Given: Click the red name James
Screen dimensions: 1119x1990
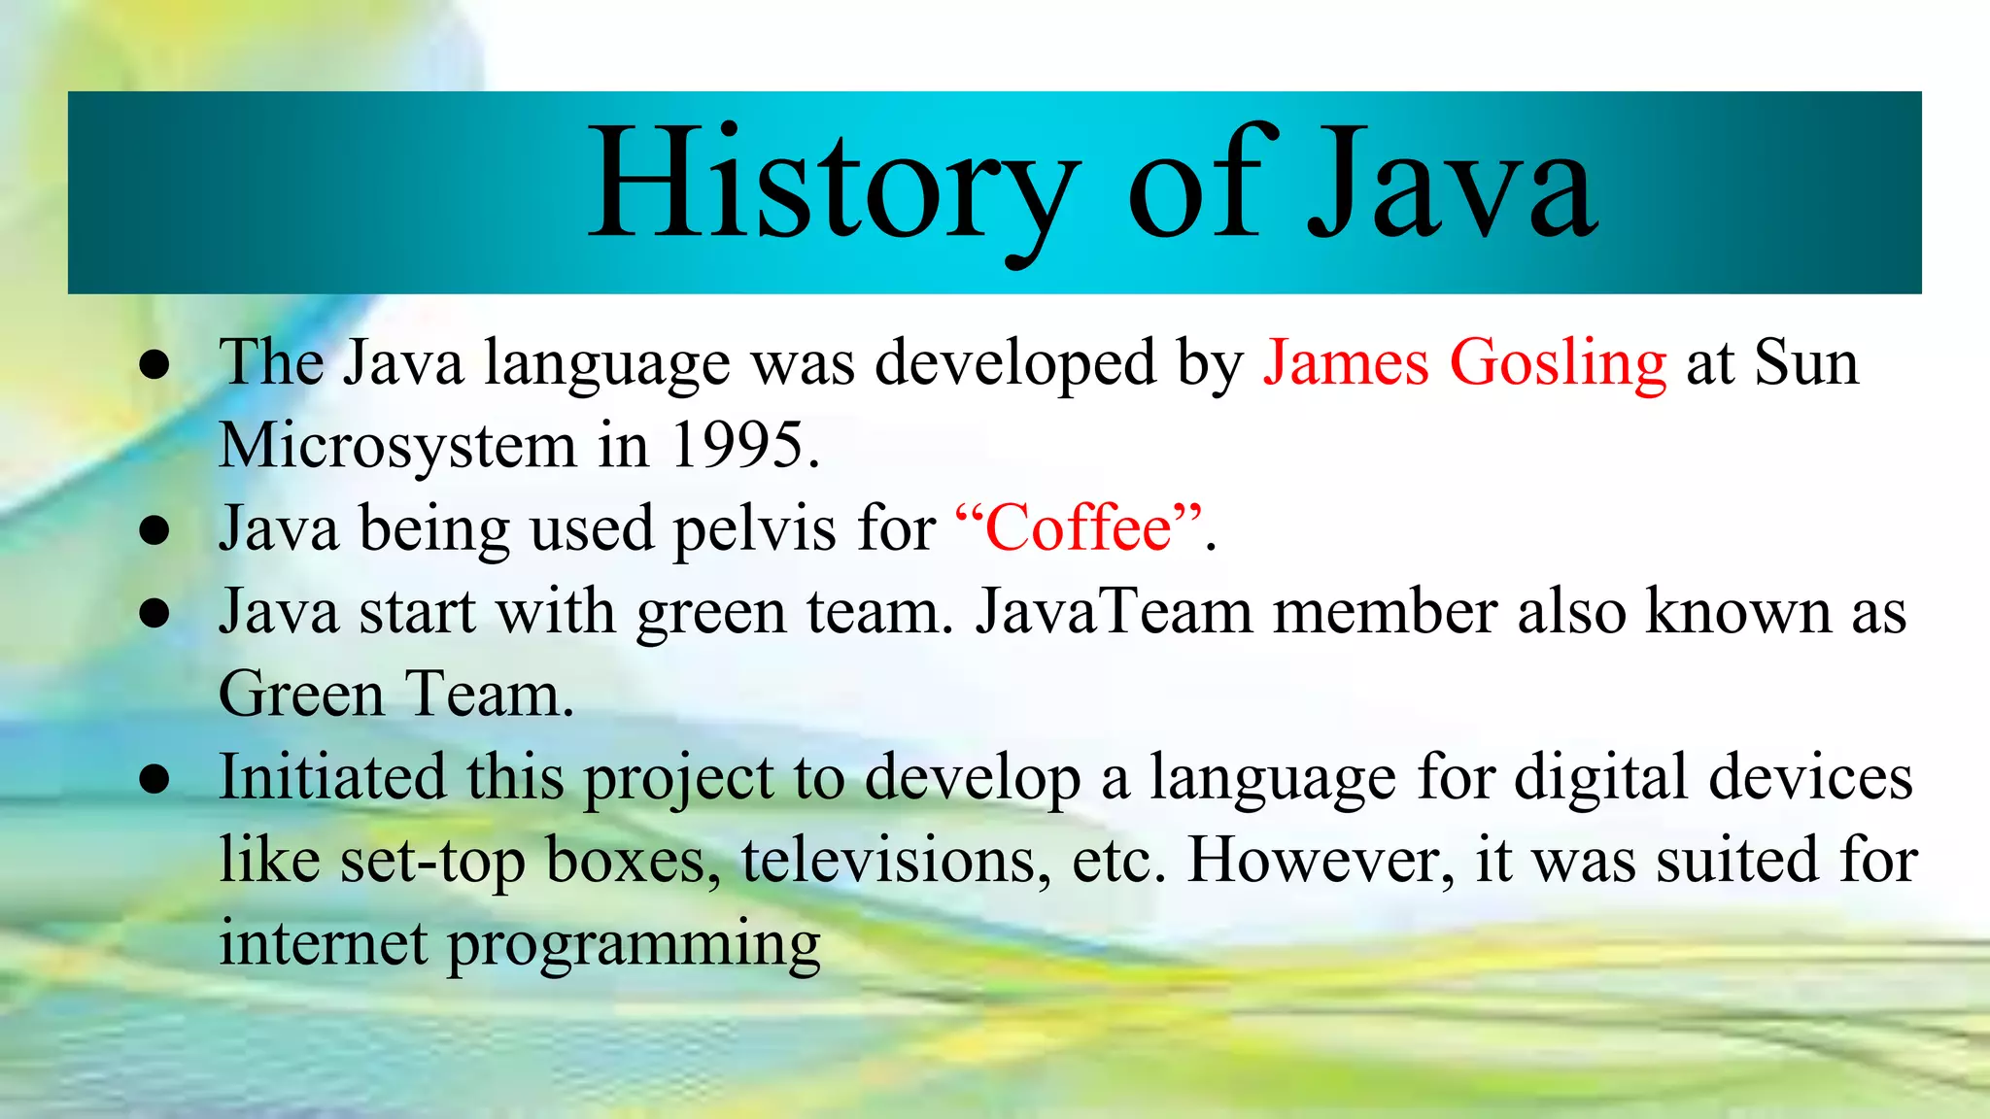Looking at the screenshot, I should click(x=1346, y=363).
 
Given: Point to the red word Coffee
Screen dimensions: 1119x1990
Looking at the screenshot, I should click(x=1079, y=528).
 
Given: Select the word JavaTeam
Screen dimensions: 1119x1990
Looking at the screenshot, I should click(x=1114, y=612).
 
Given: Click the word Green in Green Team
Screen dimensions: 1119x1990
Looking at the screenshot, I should click(x=301, y=695).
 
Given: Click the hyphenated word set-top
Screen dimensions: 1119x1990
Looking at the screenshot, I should click(x=432, y=861).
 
